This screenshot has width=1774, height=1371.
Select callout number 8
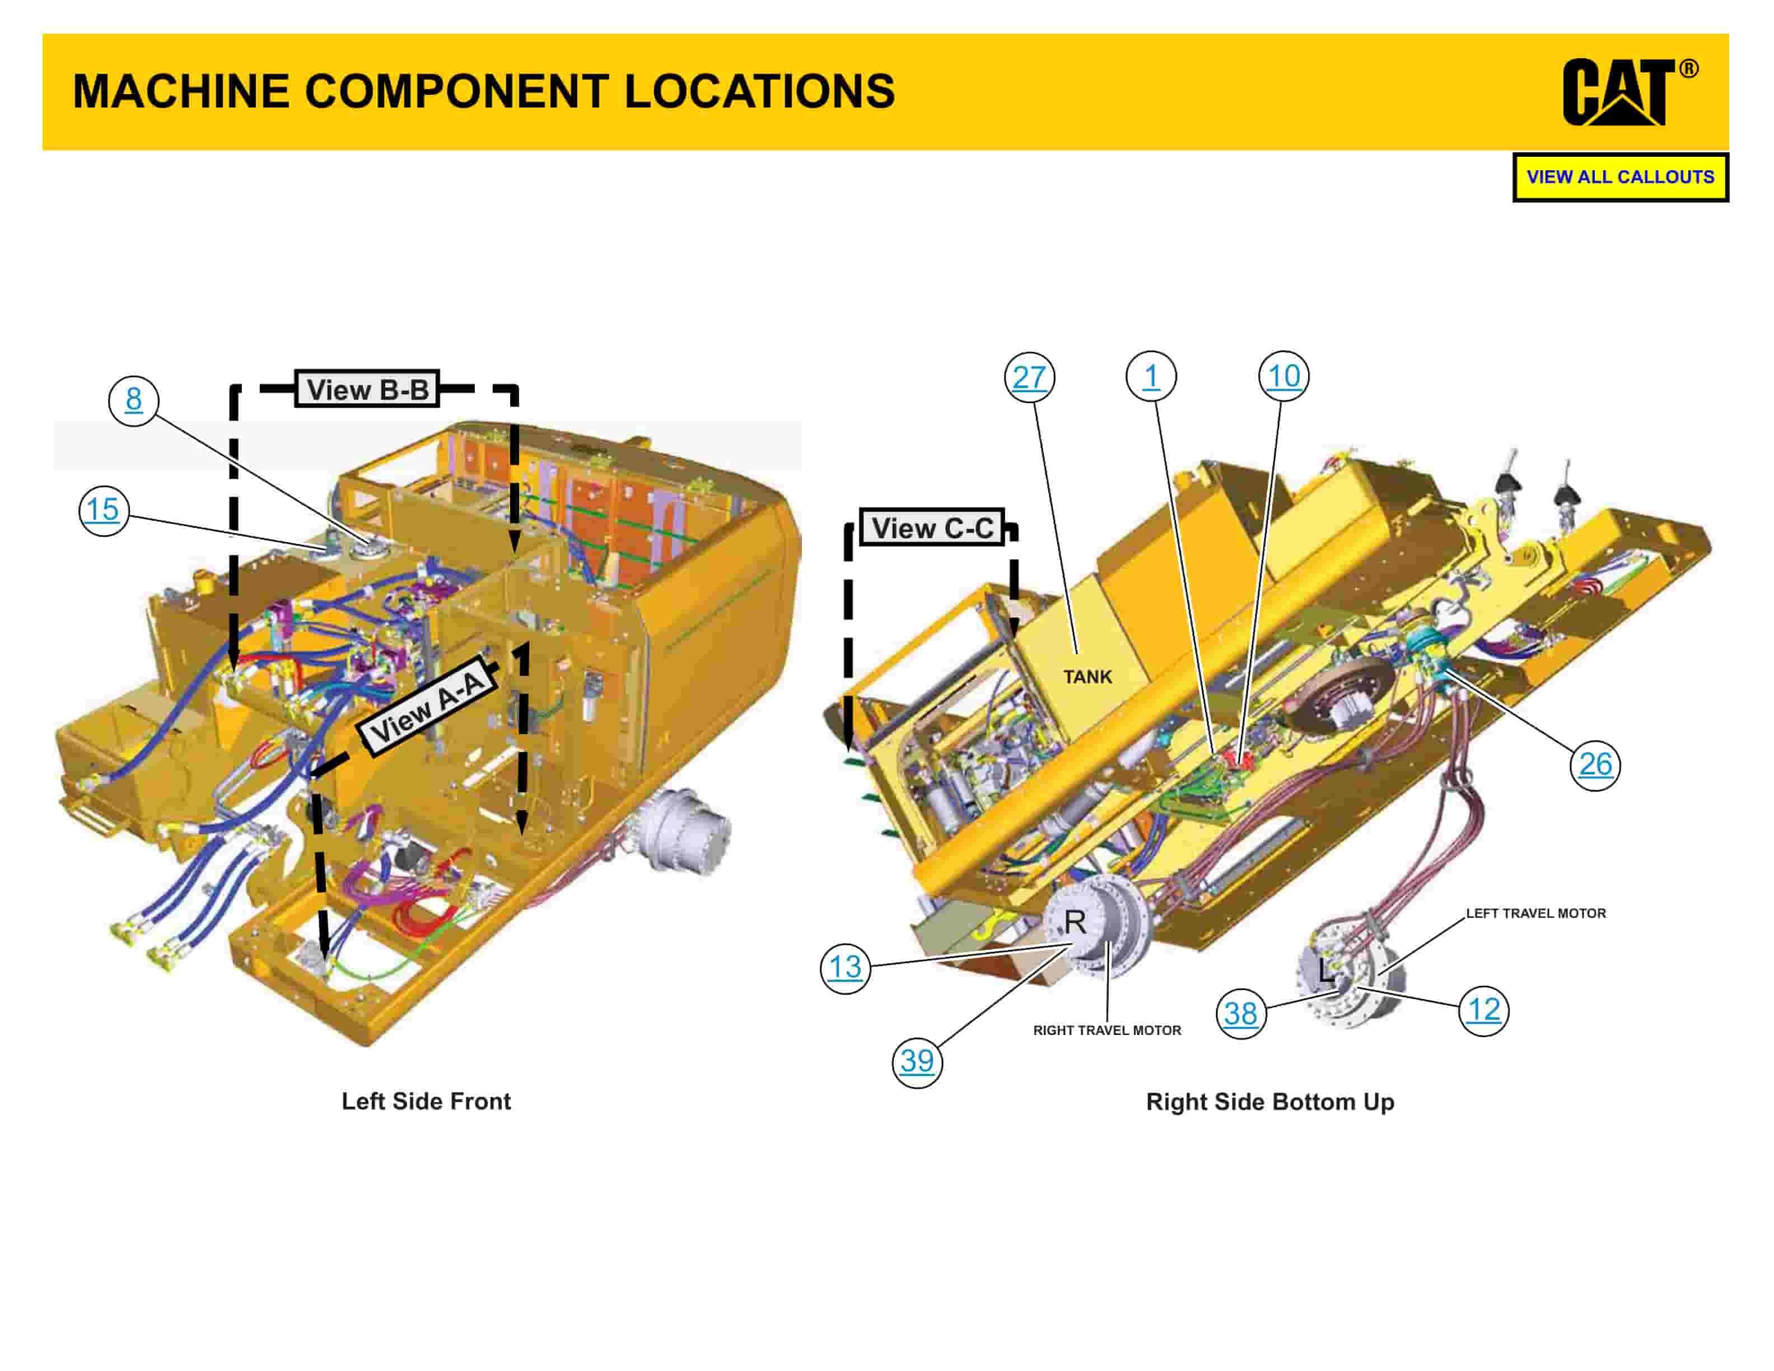133,400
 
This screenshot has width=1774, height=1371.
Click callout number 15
103,510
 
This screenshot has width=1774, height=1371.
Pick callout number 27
1029,377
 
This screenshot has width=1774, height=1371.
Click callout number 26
1594,764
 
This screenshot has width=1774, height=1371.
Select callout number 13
845,967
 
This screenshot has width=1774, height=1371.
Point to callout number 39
917,1061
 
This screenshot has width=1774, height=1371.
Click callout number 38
1240,1014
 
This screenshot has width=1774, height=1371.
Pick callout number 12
1483,1010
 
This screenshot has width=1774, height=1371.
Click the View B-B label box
367,390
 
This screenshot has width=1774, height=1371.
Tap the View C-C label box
932,529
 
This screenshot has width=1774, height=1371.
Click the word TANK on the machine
1087,677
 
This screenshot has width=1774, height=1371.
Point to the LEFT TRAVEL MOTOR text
1535,914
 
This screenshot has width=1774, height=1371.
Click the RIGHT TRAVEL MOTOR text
1107,1030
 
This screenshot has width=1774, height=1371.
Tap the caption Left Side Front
426,1102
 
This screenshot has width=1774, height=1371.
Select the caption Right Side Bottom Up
1269,1102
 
